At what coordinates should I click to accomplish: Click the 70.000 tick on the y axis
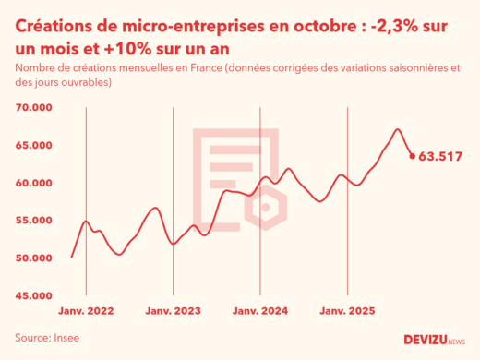34,108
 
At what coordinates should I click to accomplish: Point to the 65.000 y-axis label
34,146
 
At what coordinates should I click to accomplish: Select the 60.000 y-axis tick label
34,183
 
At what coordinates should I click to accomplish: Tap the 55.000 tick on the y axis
34,221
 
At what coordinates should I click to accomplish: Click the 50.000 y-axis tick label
34,258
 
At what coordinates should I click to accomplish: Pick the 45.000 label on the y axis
34,295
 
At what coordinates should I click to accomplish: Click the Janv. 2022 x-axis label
86,312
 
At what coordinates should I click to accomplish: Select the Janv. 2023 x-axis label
174,312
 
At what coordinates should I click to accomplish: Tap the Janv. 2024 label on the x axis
261,312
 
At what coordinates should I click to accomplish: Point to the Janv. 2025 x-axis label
348,312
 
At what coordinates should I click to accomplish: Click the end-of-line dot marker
413,155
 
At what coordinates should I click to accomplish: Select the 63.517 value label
440,156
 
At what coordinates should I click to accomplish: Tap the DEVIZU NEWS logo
434,340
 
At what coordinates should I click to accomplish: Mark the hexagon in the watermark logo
266,207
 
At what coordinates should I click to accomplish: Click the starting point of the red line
72,257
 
